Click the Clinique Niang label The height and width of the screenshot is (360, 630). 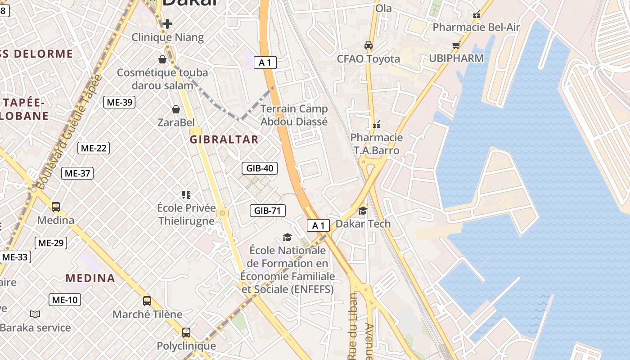click(x=167, y=37)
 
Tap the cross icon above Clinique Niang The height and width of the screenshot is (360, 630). click(x=167, y=23)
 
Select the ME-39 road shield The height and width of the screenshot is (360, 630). click(x=119, y=102)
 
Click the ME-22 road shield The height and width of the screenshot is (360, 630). click(x=94, y=148)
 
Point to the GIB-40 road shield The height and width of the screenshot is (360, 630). click(x=260, y=168)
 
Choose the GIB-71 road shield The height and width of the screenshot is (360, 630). click(x=268, y=210)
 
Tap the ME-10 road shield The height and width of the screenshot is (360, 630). click(x=65, y=300)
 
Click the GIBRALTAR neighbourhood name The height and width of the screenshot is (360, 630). click(x=224, y=139)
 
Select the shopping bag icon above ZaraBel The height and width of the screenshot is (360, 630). click(x=176, y=109)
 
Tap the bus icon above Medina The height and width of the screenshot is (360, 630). click(x=56, y=207)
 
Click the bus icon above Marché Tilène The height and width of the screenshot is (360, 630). click(x=147, y=301)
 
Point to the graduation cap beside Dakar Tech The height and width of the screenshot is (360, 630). click(x=363, y=211)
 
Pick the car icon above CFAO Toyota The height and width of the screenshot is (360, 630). click(x=369, y=45)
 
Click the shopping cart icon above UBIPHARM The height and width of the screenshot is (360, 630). click(x=456, y=45)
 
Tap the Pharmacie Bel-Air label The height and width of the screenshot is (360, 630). click(x=476, y=27)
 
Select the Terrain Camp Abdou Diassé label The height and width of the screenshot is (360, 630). click(x=294, y=115)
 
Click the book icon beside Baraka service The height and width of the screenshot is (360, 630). click(x=35, y=314)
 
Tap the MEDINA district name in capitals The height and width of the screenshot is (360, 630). click(x=90, y=278)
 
